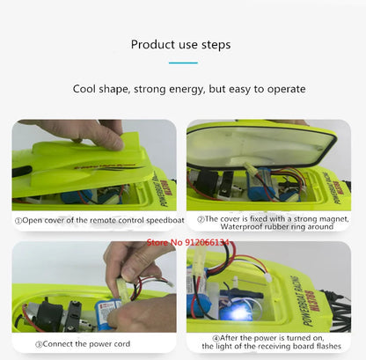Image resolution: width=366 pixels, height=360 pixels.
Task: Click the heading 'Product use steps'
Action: (x=182, y=44)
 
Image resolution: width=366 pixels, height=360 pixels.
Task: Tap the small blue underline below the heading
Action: (x=182, y=62)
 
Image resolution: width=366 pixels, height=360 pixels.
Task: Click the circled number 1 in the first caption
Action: (x=18, y=220)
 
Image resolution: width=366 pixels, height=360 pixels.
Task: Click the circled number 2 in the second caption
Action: (x=201, y=218)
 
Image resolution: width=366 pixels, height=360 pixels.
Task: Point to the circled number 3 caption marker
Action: (x=40, y=345)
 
